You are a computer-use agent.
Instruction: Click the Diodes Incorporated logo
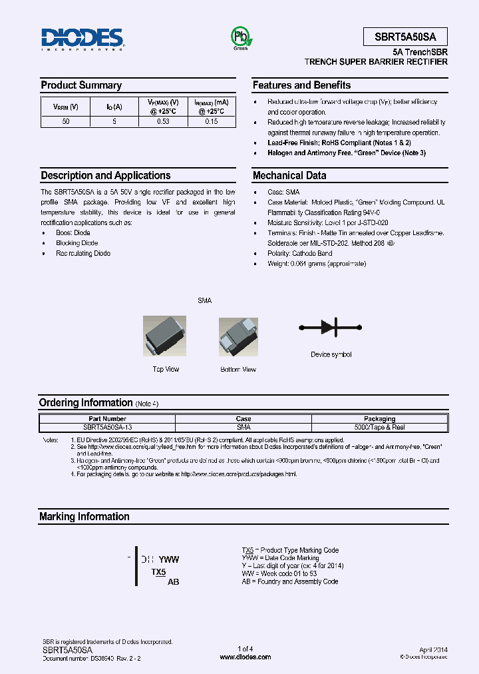82,39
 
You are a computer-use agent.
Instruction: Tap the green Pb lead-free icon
239,37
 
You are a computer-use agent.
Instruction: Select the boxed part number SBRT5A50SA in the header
405,37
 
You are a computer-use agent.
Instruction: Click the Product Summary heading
81,85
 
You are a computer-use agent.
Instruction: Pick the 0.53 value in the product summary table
162,122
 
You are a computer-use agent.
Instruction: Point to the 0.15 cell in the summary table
211,122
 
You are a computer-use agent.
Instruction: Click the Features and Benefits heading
301,85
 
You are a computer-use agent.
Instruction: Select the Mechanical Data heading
289,176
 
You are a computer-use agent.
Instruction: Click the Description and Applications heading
106,176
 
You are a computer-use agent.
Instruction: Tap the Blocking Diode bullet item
77,243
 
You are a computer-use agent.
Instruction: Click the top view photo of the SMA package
165,336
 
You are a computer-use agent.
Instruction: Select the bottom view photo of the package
238,337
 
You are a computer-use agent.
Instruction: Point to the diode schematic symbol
331,327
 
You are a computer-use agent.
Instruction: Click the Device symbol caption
331,354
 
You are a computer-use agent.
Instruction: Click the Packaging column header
379,419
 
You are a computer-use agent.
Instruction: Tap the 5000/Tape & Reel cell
379,427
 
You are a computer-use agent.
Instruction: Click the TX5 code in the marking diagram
158,572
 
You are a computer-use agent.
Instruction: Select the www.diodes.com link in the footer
245,657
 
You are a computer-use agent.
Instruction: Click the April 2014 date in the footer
433,649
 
